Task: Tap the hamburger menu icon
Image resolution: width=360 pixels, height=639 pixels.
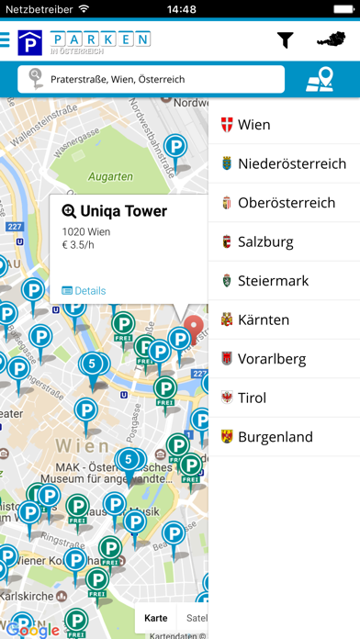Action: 6,40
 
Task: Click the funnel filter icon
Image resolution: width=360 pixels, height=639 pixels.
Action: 286,40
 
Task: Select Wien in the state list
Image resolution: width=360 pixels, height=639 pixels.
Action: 284,124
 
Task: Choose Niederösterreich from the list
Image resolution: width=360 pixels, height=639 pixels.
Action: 284,163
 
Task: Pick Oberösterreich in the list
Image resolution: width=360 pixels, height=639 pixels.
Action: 284,202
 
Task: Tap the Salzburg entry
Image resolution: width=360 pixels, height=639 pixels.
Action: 284,241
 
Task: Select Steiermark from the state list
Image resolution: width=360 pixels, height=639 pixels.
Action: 284,280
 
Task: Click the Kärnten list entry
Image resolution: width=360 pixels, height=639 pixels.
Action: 284,319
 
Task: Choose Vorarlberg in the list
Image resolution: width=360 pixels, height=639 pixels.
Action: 284,358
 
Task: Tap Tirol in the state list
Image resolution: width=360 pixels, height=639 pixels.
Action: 284,398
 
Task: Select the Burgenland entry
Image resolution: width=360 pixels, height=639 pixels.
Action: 284,437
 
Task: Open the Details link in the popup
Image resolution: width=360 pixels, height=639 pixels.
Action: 84,290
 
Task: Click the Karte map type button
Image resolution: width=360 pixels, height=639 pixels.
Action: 155,618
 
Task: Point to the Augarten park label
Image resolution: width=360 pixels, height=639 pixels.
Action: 109,174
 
